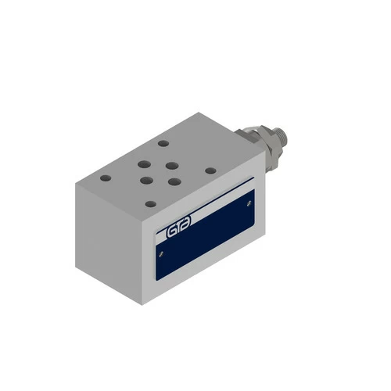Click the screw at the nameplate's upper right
coord(249,203)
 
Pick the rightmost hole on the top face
coord(210,170)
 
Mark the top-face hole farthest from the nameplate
coord(163,143)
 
